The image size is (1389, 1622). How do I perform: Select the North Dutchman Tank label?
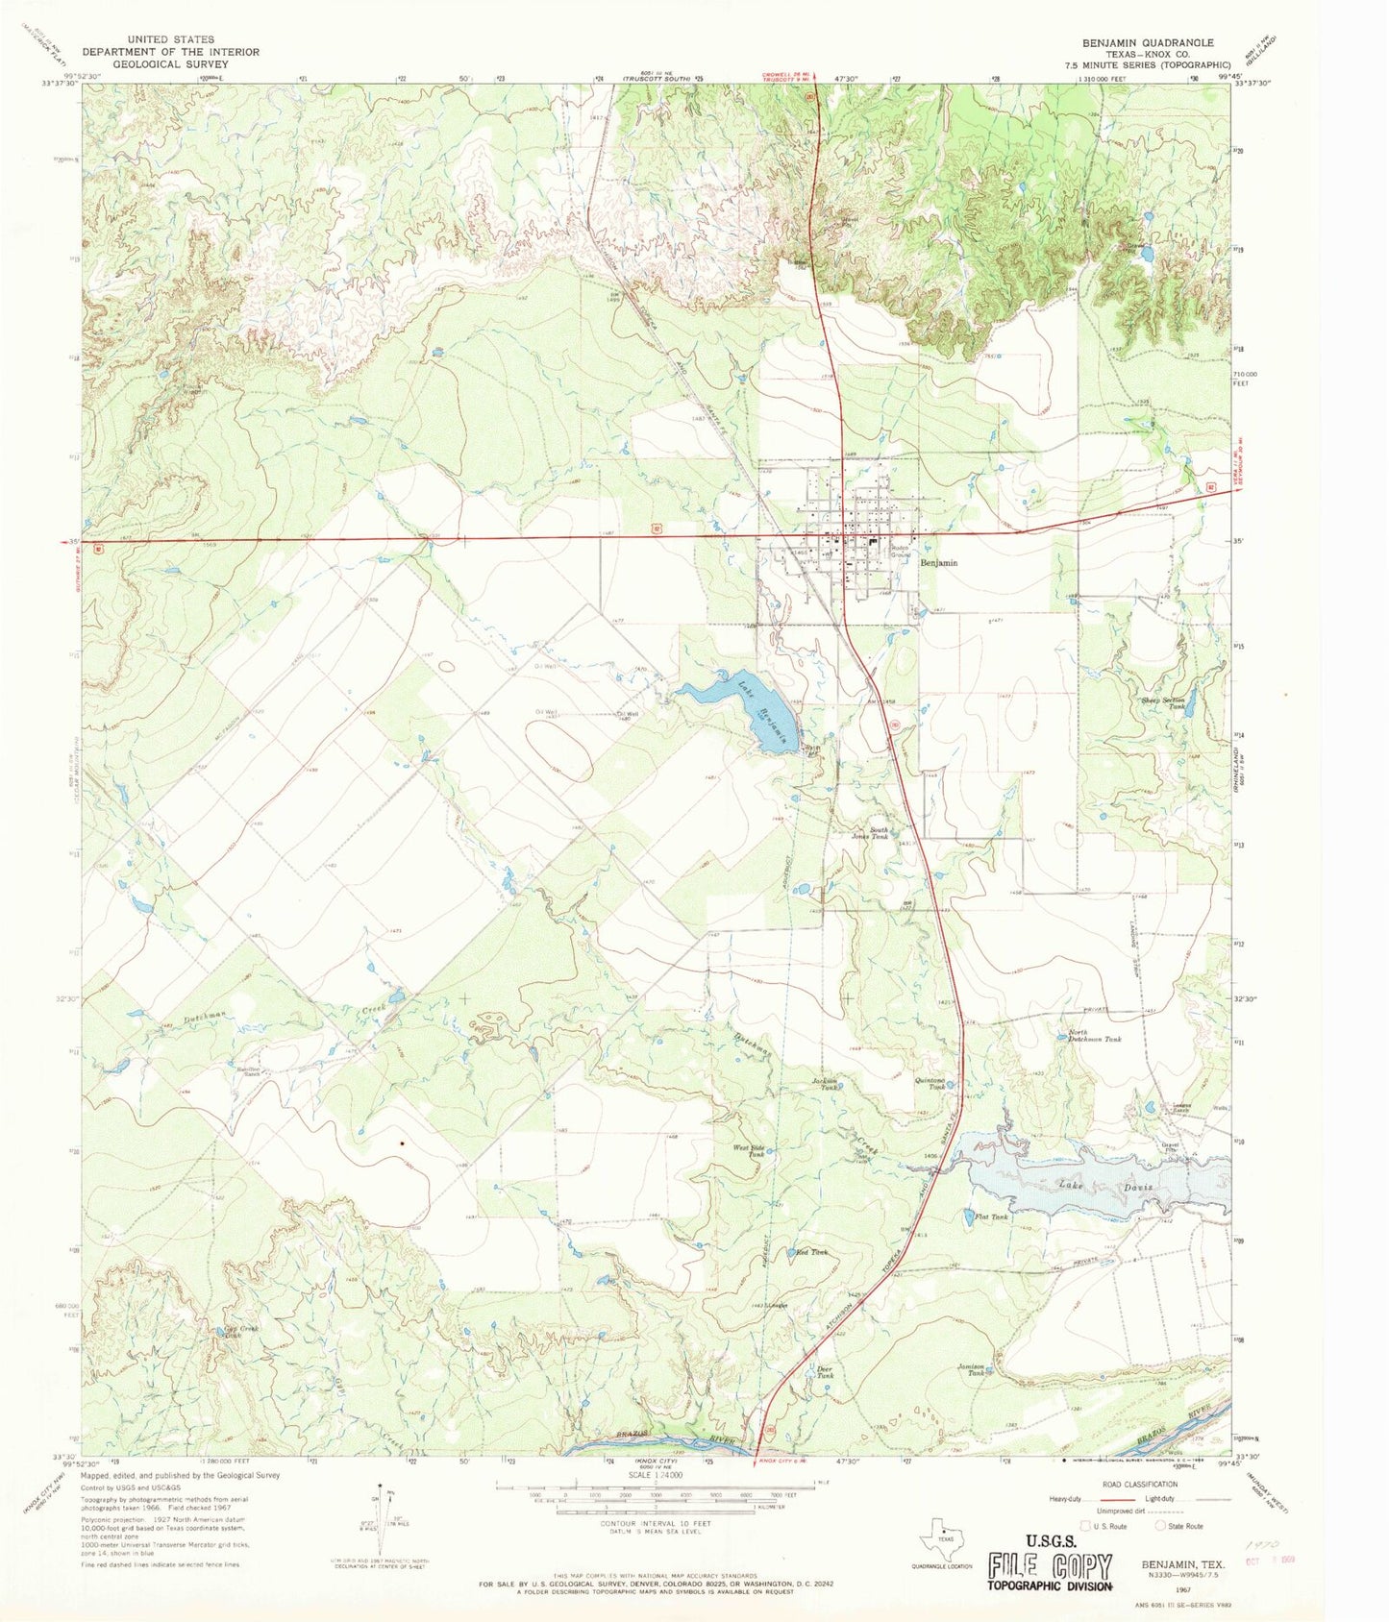[x=1095, y=1039]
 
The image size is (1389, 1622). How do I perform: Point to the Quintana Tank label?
[x=935, y=1083]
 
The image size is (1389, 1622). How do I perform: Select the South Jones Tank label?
[x=880, y=833]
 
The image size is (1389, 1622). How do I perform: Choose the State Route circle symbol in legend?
[x=1160, y=1526]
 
